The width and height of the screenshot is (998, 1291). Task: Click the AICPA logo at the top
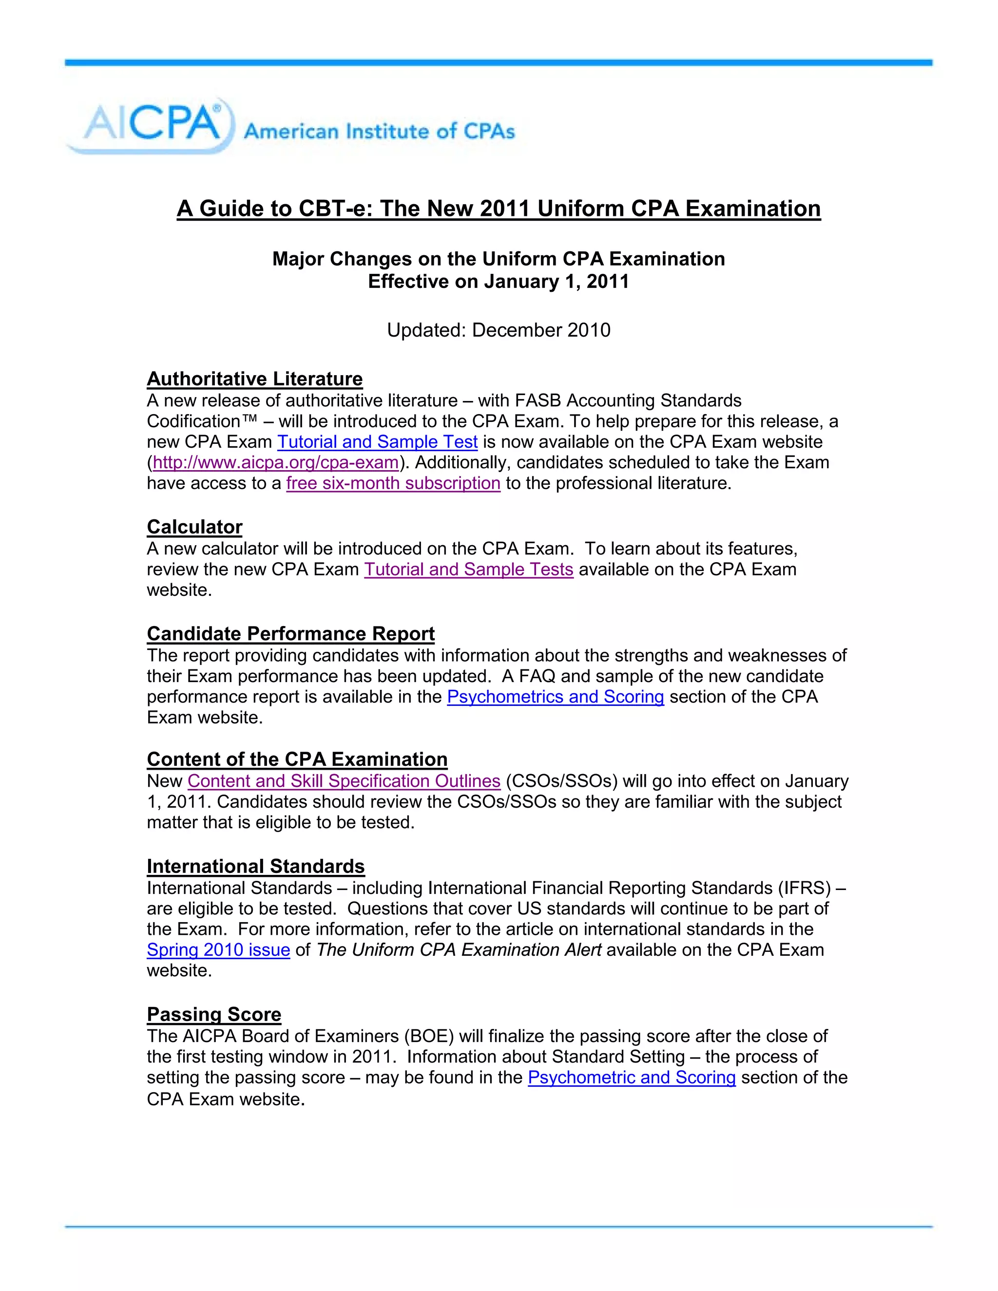click(x=151, y=125)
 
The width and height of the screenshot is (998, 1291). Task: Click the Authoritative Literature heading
click(x=254, y=379)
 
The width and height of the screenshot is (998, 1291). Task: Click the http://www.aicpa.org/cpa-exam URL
click(x=275, y=462)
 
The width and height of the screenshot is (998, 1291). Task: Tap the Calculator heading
click(x=194, y=527)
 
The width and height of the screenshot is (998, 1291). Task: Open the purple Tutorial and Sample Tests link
click(x=468, y=569)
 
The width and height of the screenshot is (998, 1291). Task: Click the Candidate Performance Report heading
click(x=290, y=633)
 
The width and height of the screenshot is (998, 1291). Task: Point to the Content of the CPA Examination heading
click(x=297, y=759)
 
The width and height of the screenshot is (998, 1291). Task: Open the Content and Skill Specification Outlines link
click(x=344, y=781)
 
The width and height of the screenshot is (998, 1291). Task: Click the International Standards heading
click(x=255, y=866)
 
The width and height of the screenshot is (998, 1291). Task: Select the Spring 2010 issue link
click(x=218, y=950)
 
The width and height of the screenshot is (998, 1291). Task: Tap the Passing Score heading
click(x=213, y=1014)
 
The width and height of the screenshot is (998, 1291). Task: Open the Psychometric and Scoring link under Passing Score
click(x=632, y=1078)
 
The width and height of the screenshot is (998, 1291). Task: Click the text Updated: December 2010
click(x=499, y=330)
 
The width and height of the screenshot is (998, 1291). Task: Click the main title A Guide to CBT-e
click(x=499, y=209)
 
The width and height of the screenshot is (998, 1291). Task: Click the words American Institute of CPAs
click(x=379, y=131)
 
